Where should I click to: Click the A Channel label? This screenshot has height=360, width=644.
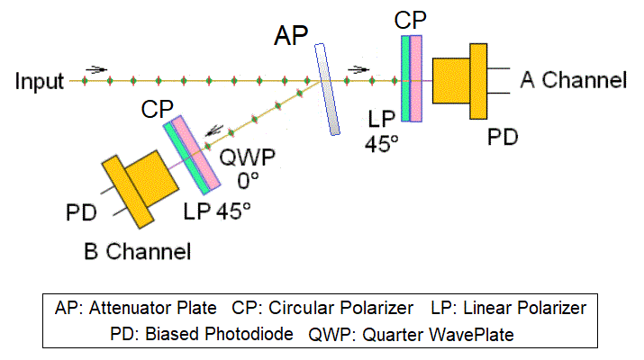click(x=573, y=80)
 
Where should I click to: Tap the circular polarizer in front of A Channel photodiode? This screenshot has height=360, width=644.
click(x=411, y=81)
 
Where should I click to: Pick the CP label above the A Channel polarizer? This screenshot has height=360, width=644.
click(x=411, y=20)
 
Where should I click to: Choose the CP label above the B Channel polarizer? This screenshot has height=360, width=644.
click(x=158, y=109)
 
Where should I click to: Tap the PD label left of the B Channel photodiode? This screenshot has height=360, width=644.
click(x=81, y=215)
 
